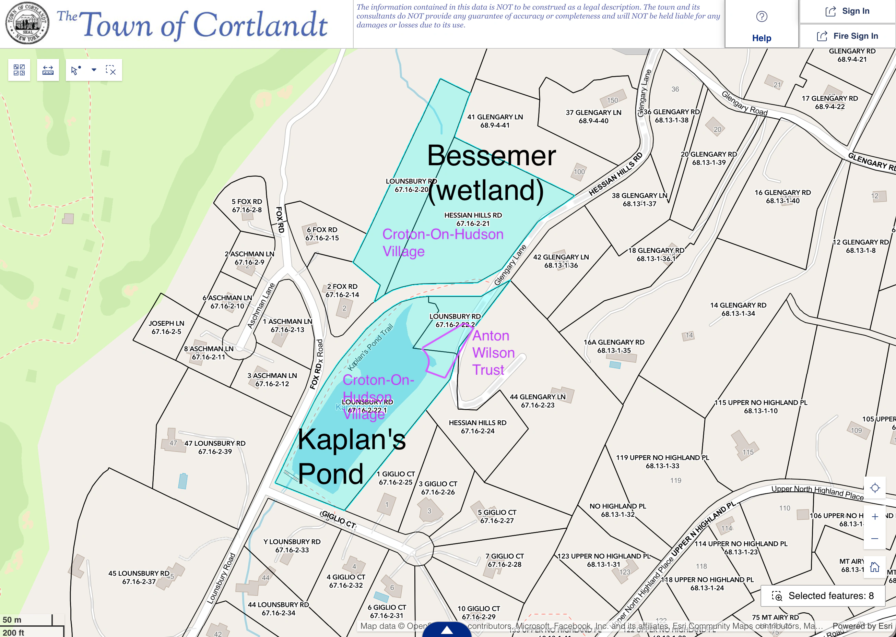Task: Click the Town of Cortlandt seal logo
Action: click(27, 24)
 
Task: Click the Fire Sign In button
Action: click(847, 36)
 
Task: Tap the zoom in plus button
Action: click(874, 517)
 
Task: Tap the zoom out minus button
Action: click(874, 539)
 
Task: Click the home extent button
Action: click(874, 567)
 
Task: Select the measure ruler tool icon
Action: click(48, 70)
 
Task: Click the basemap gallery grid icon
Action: click(19, 70)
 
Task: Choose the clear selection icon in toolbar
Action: click(111, 70)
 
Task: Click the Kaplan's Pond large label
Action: click(351, 456)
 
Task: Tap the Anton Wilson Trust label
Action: click(493, 353)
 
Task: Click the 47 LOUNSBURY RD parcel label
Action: click(215, 447)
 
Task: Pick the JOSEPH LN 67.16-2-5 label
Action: click(166, 327)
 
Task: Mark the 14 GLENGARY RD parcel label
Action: click(738, 309)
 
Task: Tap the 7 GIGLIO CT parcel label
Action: click(504, 560)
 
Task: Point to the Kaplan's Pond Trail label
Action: click(370, 347)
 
